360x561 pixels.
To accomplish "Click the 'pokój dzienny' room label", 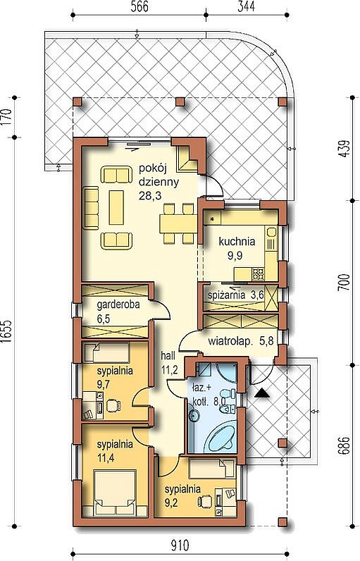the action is (159, 175).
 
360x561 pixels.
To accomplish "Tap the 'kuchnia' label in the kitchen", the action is (237, 242).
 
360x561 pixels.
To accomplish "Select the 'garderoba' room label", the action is (118, 305).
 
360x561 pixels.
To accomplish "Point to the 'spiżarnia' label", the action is (226, 295).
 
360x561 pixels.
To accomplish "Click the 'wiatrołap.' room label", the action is (230, 341).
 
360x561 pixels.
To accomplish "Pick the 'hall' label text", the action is (168, 356).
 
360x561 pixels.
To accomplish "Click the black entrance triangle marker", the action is (263, 393).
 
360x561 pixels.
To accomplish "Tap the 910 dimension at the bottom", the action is (179, 546).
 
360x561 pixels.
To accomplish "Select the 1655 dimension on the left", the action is (8, 331).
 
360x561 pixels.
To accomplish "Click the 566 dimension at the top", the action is (139, 7).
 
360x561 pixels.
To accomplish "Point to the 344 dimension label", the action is (247, 7).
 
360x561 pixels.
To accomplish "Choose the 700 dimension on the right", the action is (344, 283).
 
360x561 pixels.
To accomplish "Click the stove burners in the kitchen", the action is (258, 274).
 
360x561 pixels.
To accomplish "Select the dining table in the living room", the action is (178, 223).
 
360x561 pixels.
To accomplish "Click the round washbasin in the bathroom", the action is (194, 415).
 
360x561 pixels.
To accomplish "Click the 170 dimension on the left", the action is (8, 117).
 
